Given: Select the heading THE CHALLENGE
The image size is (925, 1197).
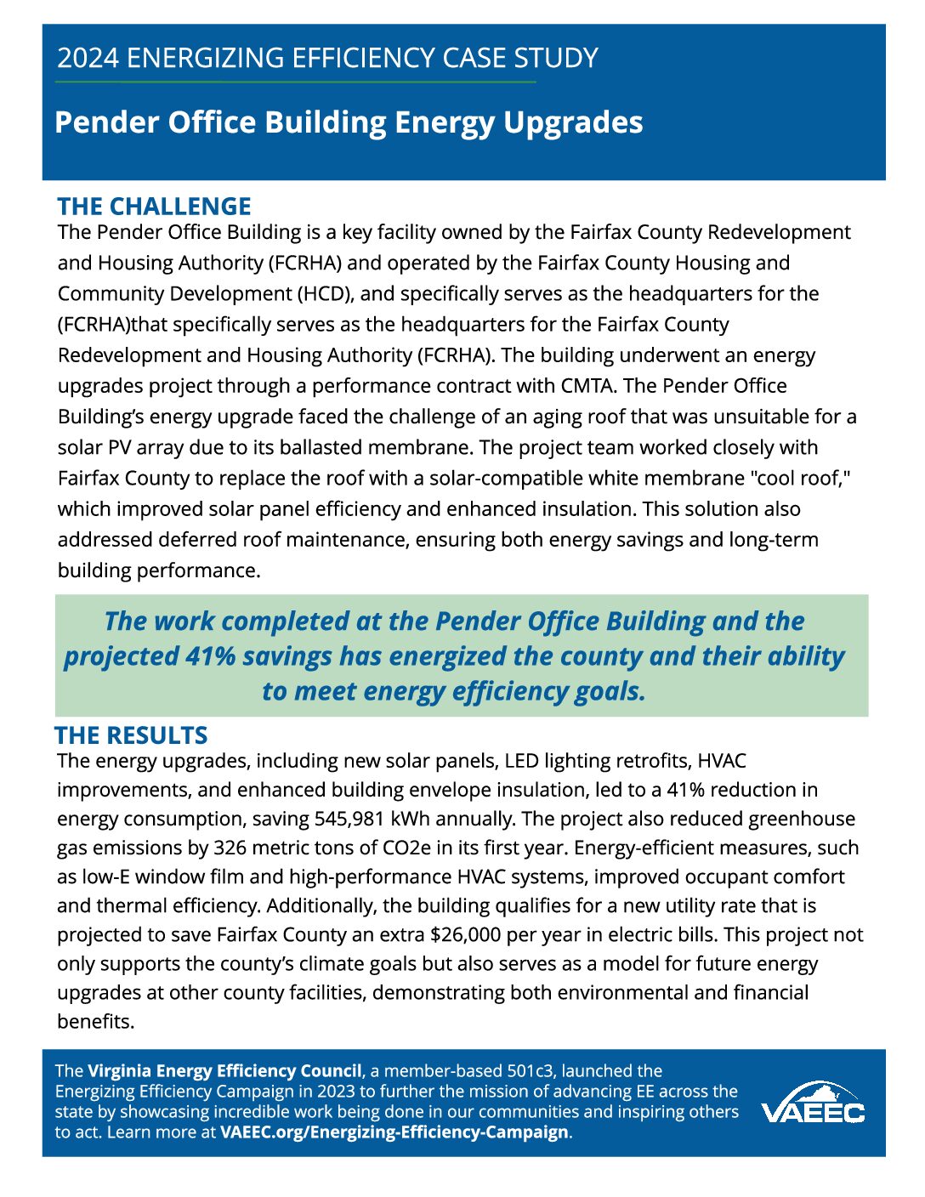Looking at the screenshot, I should (x=154, y=206).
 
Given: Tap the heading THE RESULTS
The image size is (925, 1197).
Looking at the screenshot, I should (x=131, y=735).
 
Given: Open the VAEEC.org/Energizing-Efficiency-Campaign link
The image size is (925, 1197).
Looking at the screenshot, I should (x=394, y=1132).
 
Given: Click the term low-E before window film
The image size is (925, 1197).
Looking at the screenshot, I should (x=108, y=876).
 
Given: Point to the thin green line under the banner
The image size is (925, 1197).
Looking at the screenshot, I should (x=295, y=82).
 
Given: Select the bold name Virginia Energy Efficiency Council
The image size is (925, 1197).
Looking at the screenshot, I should (x=224, y=1071).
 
